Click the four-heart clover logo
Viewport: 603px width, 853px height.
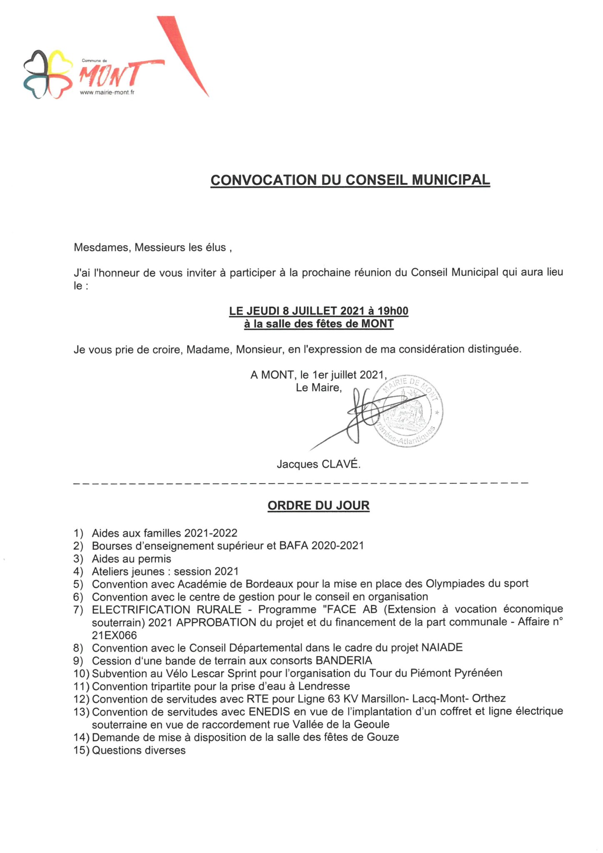pyautogui.click(x=45, y=74)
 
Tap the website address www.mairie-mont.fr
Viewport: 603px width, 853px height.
pyautogui.click(x=107, y=92)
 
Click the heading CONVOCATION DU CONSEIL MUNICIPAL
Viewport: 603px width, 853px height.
pyautogui.click(x=350, y=180)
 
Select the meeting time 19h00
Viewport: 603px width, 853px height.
pyautogui.click(x=393, y=311)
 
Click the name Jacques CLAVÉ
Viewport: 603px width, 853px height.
pyautogui.click(x=318, y=464)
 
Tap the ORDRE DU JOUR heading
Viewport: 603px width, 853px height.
pyautogui.click(x=319, y=506)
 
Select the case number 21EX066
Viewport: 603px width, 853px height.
pyautogui.click(x=115, y=635)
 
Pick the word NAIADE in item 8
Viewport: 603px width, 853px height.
pyautogui.click(x=442, y=648)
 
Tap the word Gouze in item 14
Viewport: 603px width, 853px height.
pyautogui.click(x=383, y=737)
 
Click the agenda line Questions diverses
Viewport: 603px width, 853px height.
pyautogui.click(x=139, y=750)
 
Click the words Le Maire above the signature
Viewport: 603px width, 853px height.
pyautogui.click(x=319, y=388)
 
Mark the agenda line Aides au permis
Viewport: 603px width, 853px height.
pyautogui.click(x=132, y=559)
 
